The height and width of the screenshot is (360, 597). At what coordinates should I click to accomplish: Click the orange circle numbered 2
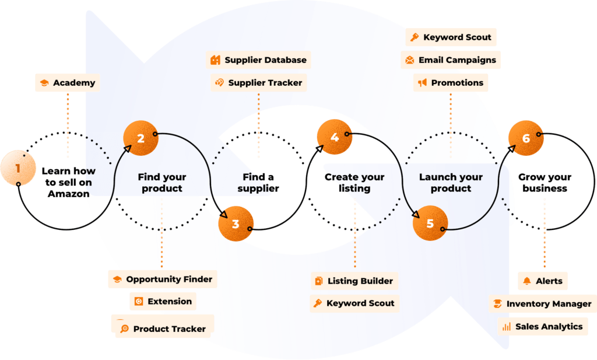click(141, 138)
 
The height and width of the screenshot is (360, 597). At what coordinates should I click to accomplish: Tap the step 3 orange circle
click(236, 224)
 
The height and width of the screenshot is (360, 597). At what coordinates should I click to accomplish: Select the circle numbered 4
click(334, 138)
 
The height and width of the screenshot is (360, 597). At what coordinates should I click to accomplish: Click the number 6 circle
click(526, 138)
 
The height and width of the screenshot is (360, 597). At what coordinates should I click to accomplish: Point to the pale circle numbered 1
click(18, 169)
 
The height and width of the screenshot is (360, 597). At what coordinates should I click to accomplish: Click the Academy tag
click(68, 83)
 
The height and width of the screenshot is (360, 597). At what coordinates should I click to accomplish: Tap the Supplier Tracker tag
click(258, 83)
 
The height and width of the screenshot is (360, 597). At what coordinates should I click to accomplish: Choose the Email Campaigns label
click(451, 60)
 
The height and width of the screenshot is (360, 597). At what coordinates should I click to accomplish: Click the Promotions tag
click(451, 83)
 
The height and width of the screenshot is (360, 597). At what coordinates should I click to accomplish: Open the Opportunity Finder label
click(163, 279)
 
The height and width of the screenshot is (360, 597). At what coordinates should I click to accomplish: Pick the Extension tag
click(163, 302)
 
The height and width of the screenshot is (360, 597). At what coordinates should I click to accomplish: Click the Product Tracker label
click(163, 329)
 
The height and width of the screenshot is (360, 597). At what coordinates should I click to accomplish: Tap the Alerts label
click(543, 281)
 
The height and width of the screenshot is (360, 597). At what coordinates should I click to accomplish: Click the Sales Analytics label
click(542, 327)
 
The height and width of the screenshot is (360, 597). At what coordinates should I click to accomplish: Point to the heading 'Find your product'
click(162, 183)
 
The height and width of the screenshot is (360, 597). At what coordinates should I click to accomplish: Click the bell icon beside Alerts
click(528, 281)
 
